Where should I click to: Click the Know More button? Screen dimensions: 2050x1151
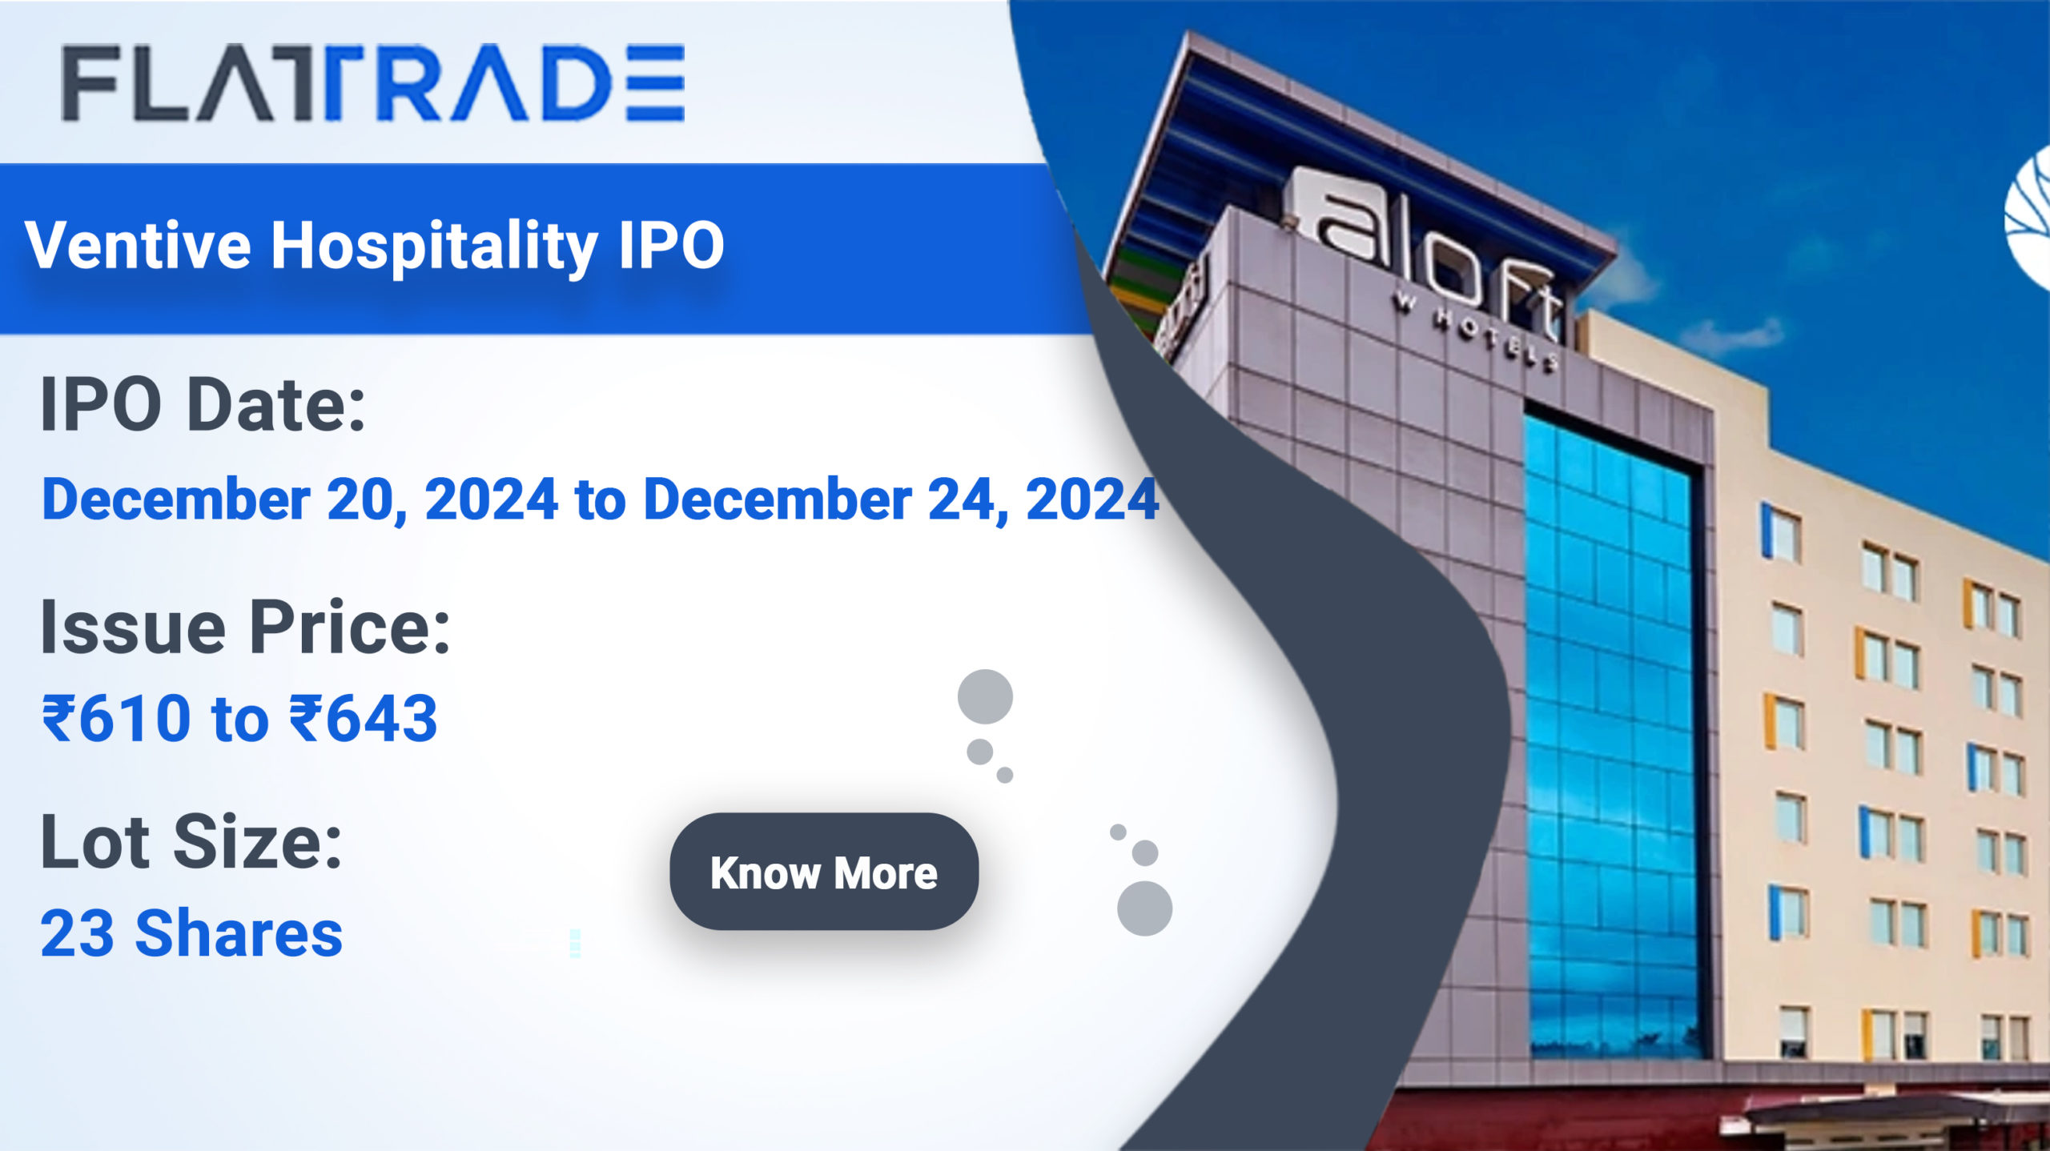coord(824,872)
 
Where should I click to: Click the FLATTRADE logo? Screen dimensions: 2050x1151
coord(373,83)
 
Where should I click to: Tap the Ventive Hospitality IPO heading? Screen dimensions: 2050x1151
coord(375,246)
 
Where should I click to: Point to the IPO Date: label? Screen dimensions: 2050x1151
coord(203,404)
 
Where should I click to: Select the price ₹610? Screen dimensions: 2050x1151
coord(117,718)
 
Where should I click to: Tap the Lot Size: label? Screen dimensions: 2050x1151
coord(191,841)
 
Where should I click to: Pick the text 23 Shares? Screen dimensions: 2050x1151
coord(191,933)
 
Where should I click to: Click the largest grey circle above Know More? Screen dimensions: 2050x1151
coord(985,696)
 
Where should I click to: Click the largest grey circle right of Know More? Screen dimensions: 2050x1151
coord(1144,908)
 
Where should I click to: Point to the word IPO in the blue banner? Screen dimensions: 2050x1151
coord(671,245)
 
